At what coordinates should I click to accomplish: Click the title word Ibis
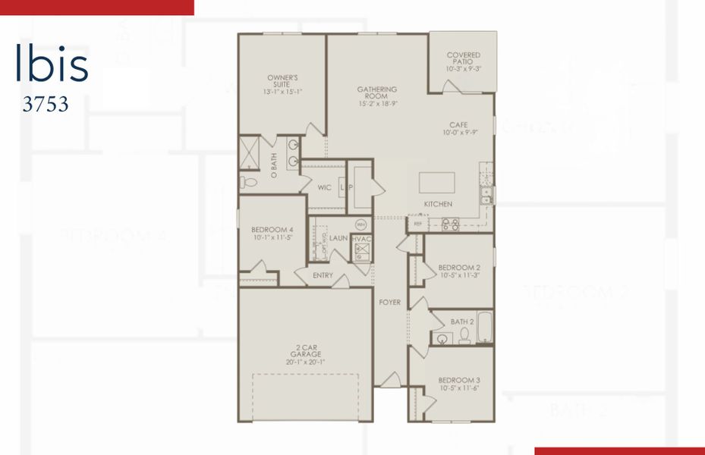(52, 66)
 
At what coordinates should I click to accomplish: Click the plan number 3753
(46, 105)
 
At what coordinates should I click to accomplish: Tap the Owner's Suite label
(282, 83)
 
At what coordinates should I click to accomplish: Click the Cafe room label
(458, 128)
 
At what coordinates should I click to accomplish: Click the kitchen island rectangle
(437, 183)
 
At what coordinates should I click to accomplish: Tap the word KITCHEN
(438, 204)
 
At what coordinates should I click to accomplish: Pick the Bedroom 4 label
(272, 233)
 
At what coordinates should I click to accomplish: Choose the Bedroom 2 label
(459, 271)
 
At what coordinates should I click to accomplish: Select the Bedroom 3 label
(459, 384)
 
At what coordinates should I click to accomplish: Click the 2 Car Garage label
(306, 354)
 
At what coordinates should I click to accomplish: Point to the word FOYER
(390, 303)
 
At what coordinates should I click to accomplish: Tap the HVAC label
(360, 238)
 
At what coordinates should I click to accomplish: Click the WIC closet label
(325, 187)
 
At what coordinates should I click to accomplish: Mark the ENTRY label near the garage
(323, 275)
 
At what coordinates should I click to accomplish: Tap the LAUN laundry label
(338, 238)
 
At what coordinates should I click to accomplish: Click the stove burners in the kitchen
(451, 224)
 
